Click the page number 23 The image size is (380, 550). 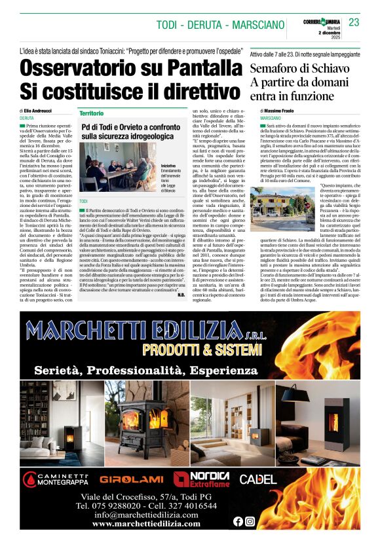[354, 23]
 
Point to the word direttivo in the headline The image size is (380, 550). [196, 90]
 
